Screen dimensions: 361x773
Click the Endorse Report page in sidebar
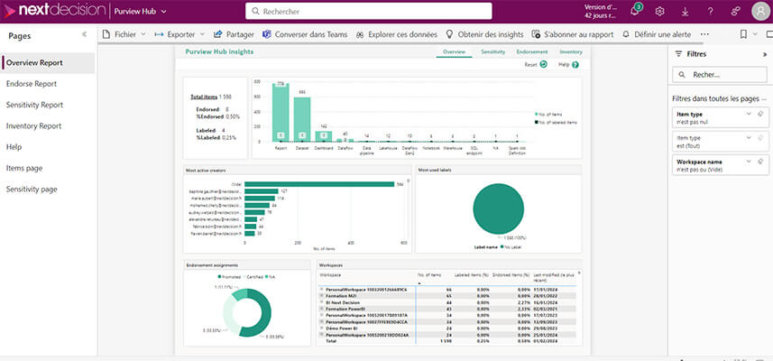(32, 84)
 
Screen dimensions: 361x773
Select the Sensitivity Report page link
(34, 105)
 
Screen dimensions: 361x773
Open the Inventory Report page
(33, 126)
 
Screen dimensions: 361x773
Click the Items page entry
(24, 168)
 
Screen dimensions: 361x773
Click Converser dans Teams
(303, 34)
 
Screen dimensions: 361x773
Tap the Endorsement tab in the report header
(531, 52)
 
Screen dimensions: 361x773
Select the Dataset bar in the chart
(302, 118)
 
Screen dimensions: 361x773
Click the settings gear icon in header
(659, 12)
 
